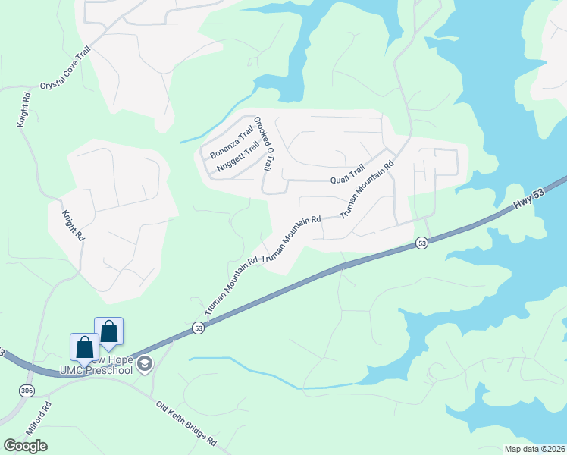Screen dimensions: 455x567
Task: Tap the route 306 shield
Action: coord(27,389)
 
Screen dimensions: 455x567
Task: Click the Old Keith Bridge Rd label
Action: coord(186,423)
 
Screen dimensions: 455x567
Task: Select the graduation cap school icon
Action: coord(145,365)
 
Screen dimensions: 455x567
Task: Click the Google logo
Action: coord(25,445)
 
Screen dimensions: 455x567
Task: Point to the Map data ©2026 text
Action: coord(534,449)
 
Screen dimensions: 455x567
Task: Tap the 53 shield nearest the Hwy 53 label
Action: coord(422,243)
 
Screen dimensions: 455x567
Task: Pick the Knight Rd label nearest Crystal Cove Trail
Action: coord(23,110)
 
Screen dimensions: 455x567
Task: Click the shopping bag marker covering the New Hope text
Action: coord(84,347)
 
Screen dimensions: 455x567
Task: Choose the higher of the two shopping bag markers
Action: coord(109,331)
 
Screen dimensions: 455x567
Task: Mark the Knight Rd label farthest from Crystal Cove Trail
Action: coord(73,225)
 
